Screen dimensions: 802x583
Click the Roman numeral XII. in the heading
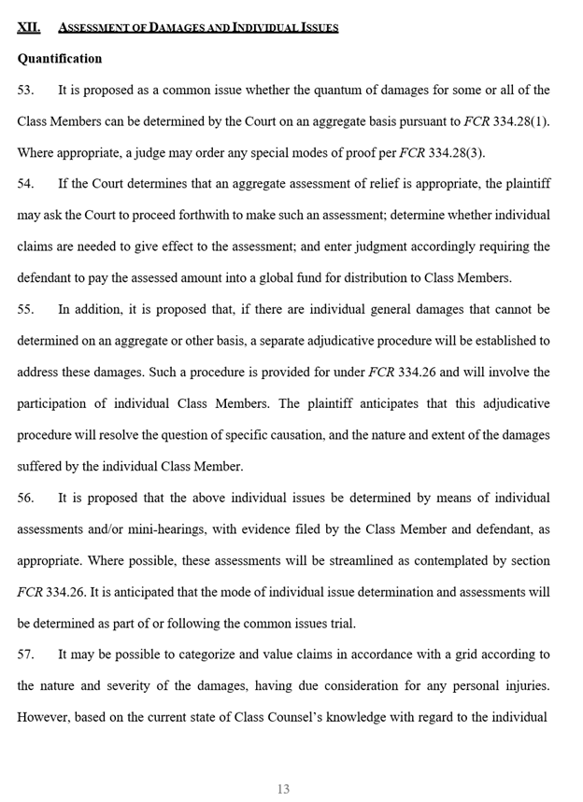tap(28, 27)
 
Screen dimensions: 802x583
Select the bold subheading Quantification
tap(60, 58)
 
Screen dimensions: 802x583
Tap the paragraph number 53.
tap(25, 90)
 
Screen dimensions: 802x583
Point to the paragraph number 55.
tap(25, 309)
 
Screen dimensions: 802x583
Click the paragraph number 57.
tap(25, 654)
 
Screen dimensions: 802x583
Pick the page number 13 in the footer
tap(283, 789)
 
